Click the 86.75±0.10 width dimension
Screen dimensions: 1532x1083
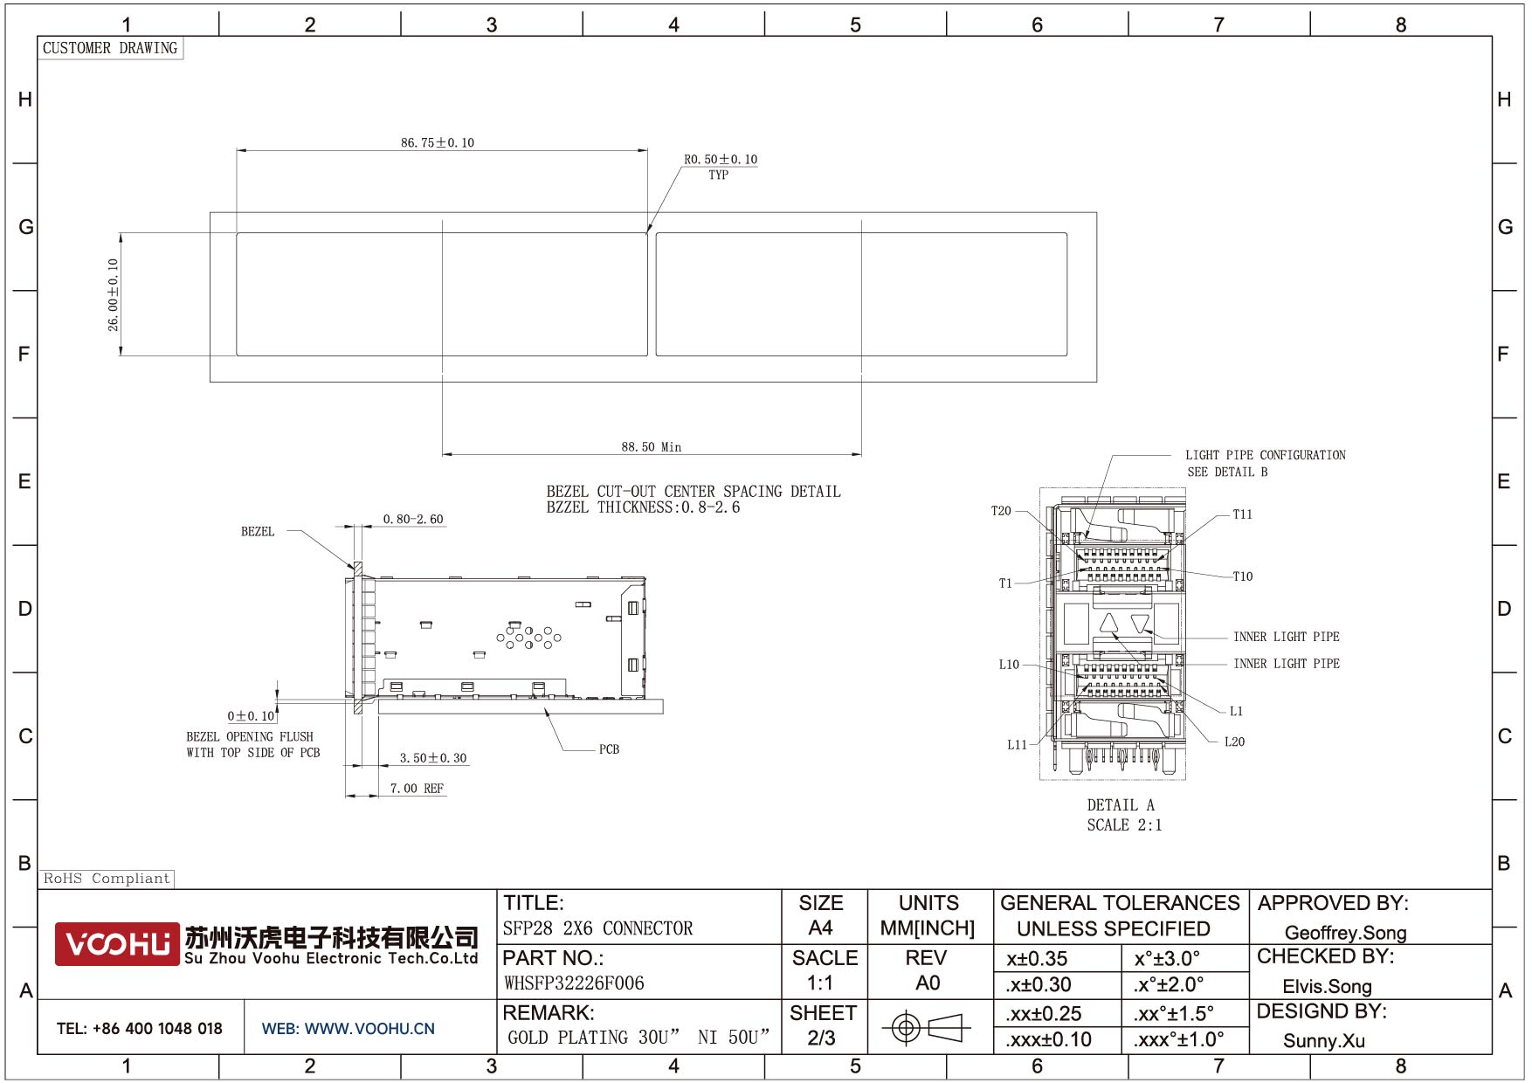[x=438, y=142]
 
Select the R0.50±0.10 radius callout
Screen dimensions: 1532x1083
[x=721, y=159]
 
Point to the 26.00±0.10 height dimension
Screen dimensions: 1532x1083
[x=113, y=294]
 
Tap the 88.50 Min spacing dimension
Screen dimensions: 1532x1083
[x=652, y=447]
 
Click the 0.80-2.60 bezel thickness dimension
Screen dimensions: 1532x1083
[x=413, y=519]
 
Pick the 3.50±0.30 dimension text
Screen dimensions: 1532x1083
[x=433, y=758]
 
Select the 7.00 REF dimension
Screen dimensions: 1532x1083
[x=417, y=789]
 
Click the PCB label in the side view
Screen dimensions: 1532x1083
[x=609, y=749]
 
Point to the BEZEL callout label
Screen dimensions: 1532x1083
[x=258, y=531]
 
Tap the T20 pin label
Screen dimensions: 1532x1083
[x=1001, y=511]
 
